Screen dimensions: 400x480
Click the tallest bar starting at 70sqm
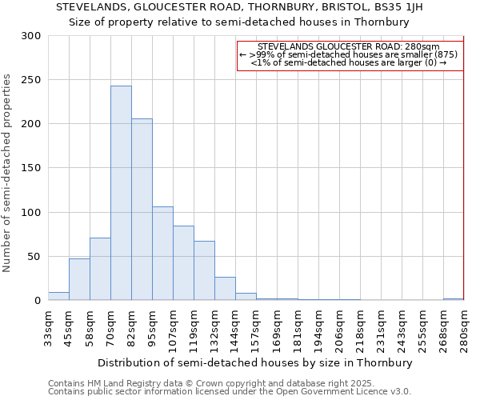pyautogui.click(x=121, y=193)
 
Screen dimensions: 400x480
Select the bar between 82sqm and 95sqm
pyautogui.click(x=142, y=210)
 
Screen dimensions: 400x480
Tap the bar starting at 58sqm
pyautogui.click(x=100, y=269)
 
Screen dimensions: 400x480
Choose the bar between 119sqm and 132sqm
pyautogui.click(x=204, y=270)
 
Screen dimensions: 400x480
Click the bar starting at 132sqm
pyautogui.click(x=225, y=289)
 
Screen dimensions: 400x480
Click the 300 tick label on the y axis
pyautogui.click(x=31, y=36)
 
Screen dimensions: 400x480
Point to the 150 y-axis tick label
pyautogui.click(x=31, y=168)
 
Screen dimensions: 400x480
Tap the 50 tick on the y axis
pyautogui.click(x=34, y=257)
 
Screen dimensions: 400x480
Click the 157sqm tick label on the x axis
pyautogui.click(x=256, y=328)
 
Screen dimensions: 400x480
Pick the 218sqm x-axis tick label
pyautogui.click(x=360, y=328)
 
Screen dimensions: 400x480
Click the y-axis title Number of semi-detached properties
pyautogui.click(x=8, y=172)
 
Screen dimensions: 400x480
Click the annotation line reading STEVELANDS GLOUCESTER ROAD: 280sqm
pyautogui.click(x=349, y=47)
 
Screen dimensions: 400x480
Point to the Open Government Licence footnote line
pyautogui.click(x=230, y=391)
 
